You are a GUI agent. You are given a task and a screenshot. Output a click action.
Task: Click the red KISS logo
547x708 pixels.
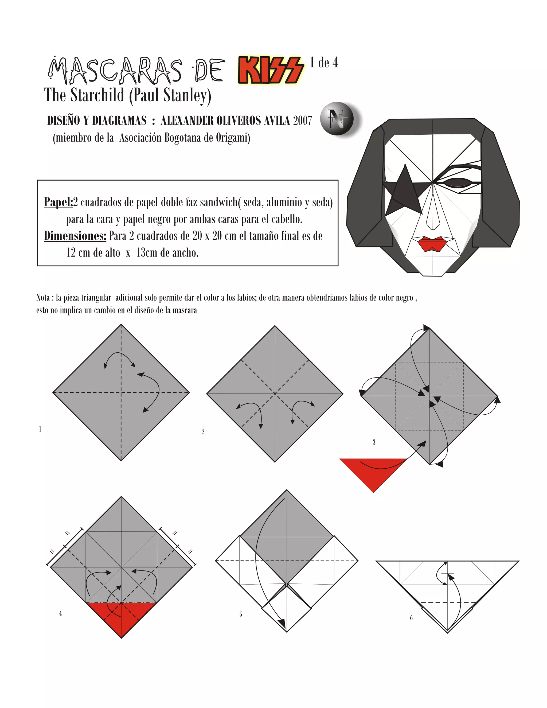point(271,69)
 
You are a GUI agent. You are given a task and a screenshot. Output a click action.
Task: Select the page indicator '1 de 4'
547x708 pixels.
point(324,63)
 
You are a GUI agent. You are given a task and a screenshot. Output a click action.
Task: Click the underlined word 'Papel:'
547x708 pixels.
point(58,202)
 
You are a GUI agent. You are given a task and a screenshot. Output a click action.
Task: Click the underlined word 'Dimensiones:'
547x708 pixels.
point(75,236)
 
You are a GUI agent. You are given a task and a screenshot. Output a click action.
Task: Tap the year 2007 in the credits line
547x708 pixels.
point(303,120)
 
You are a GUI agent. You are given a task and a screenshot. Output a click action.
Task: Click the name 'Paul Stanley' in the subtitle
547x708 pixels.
point(170,95)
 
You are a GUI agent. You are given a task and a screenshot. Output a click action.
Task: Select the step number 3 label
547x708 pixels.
point(374,442)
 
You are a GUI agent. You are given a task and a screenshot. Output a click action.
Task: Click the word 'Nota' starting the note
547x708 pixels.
point(43,298)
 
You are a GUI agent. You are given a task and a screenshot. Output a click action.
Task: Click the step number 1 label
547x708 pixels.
point(40,429)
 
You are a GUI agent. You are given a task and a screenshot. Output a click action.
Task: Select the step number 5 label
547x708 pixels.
point(241,614)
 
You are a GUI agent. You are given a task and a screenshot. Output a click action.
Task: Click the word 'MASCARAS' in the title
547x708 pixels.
point(115,70)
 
